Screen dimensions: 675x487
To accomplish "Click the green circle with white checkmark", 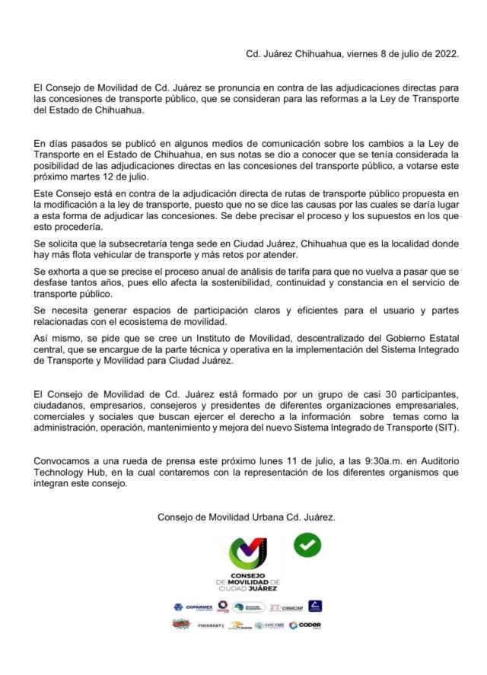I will click(x=307, y=543).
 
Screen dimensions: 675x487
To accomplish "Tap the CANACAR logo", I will click(x=290, y=607).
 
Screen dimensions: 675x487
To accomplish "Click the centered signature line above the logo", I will click(x=246, y=516).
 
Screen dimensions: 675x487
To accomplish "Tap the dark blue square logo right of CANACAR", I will click(x=316, y=607).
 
